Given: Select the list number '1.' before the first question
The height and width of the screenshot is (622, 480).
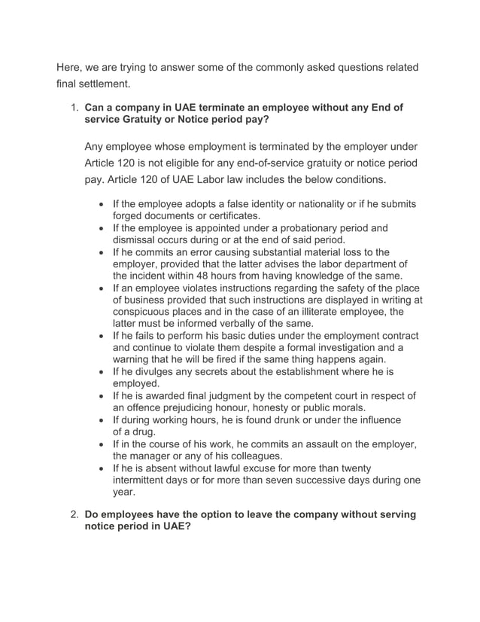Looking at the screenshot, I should point(74,108).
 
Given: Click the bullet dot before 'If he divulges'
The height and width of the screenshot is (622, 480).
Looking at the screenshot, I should point(102,372).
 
